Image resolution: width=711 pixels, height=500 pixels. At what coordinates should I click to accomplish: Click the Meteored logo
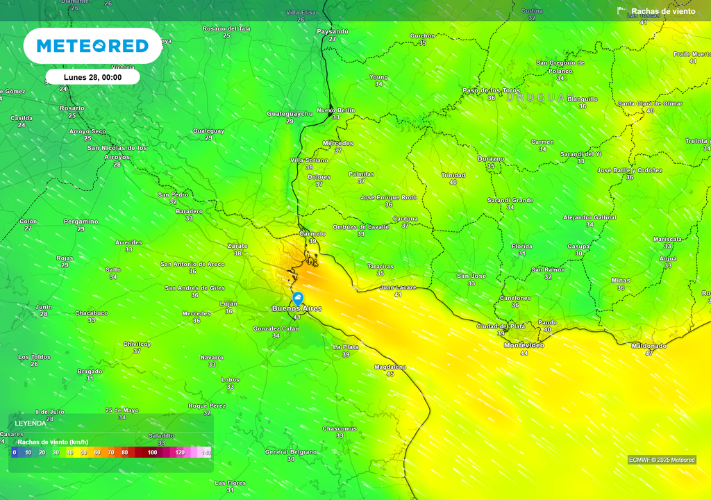click(x=92, y=46)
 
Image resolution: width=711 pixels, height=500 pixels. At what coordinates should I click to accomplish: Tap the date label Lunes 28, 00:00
click(x=92, y=77)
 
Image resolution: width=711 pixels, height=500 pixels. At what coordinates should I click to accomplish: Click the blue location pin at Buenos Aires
click(x=299, y=298)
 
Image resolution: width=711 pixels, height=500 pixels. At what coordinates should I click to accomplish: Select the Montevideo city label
click(x=524, y=345)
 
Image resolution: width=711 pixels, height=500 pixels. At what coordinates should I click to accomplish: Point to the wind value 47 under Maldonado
click(x=649, y=353)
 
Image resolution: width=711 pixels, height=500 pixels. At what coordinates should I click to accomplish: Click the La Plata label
click(x=346, y=347)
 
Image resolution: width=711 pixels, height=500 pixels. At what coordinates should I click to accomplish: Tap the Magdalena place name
click(x=390, y=366)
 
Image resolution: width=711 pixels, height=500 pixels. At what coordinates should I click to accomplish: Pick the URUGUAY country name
click(x=536, y=98)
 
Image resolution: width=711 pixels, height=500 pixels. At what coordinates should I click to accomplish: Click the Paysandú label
click(x=333, y=31)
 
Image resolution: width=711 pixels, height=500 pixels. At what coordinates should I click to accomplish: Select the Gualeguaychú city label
click(x=290, y=113)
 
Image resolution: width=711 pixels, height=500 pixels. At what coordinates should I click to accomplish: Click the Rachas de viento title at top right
click(x=662, y=11)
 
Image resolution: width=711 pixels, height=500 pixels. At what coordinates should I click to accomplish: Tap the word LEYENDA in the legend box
click(x=31, y=422)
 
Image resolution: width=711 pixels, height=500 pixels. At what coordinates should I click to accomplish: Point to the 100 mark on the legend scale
click(x=153, y=452)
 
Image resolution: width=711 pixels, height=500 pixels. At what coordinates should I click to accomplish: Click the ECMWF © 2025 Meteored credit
click(x=662, y=460)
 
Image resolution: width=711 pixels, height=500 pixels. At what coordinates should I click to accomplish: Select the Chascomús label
click(x=340, y=428)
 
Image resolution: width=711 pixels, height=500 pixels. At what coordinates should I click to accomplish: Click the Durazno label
click(x=491, y=158)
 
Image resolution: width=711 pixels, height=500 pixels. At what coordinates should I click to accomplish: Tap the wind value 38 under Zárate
click(x=237, y=253)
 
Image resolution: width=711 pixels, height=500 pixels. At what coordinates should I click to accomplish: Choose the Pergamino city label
click(x=81, y=221)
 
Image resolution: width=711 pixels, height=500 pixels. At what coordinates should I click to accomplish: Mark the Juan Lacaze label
click(x=398, y=287)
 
